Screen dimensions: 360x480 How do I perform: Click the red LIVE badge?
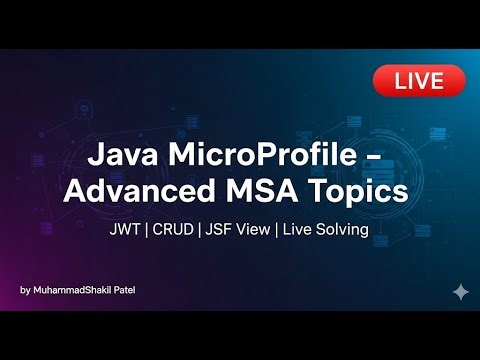point(419,81)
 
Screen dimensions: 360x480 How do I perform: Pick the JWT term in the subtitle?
point(127,230)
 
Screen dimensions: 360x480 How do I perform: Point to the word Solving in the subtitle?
point(344,230)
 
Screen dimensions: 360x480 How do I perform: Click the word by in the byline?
point(25,291)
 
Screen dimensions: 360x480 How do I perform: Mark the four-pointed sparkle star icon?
point(460,291)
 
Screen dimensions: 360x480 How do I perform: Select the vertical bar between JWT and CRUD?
point(149,230)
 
